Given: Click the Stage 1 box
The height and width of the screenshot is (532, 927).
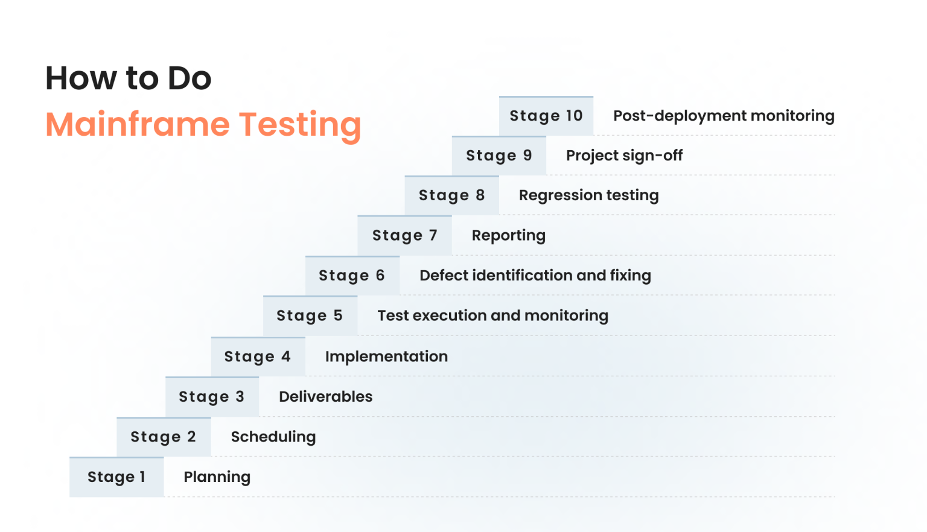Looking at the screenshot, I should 116,477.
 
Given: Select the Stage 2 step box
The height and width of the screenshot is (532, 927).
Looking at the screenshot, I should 164,437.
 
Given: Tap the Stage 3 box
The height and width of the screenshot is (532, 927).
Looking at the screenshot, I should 212,397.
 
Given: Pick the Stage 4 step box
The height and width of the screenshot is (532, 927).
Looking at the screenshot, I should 258,356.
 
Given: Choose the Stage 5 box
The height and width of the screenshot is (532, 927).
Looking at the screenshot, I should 310,315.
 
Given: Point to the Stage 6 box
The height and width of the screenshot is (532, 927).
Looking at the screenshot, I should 352,276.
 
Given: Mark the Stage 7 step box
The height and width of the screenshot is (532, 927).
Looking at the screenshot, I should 404,235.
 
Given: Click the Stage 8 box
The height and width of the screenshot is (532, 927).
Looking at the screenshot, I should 451,195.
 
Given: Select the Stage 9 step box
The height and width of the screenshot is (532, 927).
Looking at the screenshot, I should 499,156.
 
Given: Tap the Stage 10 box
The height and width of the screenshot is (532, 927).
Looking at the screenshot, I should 546,116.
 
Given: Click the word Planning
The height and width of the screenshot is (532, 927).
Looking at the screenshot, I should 217,477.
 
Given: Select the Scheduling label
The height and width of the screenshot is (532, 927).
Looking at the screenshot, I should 273,437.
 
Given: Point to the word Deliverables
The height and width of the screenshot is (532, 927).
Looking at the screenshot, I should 325,396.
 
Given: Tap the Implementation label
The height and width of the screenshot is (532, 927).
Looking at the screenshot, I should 386,356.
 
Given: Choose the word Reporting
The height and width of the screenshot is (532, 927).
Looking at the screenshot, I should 508,235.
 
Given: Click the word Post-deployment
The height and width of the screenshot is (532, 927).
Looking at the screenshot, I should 671,116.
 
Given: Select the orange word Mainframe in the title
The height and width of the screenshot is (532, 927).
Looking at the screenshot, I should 138,124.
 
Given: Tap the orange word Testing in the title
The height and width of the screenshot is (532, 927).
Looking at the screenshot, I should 300,125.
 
